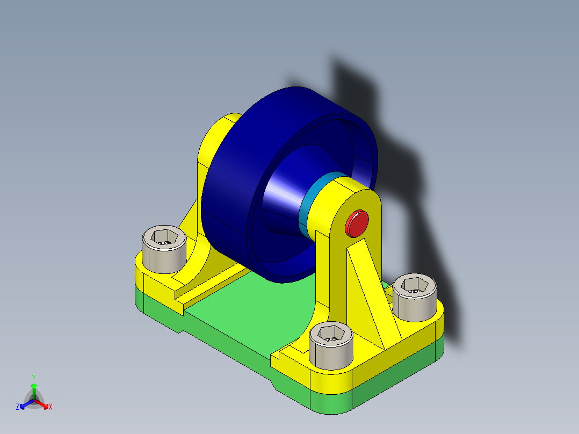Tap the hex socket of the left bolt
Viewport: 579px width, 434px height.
coord(163,237)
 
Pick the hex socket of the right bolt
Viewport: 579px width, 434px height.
coord(414,285)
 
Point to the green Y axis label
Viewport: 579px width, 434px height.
coord(33,377)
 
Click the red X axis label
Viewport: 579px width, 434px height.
coord(50,407)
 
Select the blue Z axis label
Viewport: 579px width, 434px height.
coord(18,407)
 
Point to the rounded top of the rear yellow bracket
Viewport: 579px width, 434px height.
coord(228,121)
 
